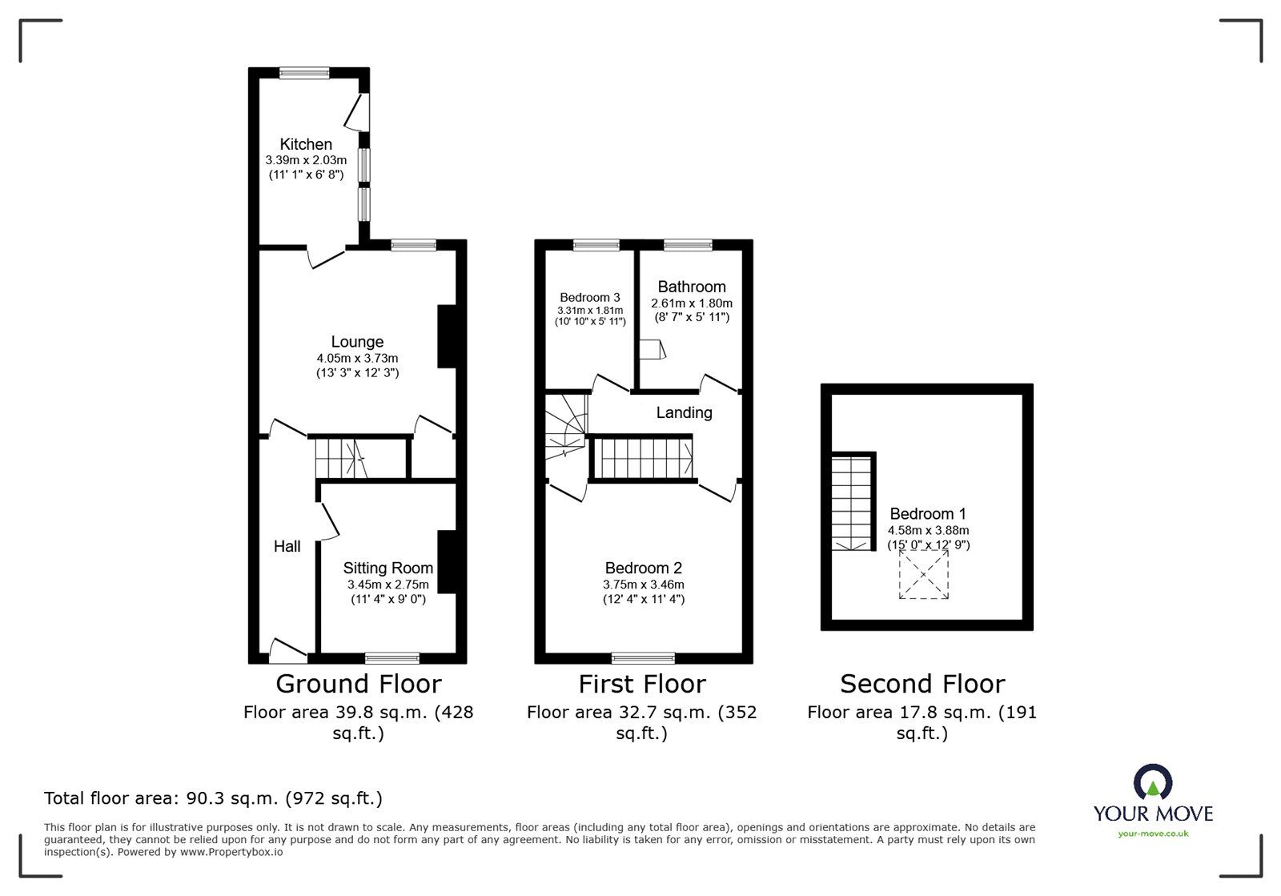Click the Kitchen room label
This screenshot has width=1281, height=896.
306,144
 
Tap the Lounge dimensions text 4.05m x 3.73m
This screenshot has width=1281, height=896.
357,358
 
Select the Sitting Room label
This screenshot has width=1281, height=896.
388,568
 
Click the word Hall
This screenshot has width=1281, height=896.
287,546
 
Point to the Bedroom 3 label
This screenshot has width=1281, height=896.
589,297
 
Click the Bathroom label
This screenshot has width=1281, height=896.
692,287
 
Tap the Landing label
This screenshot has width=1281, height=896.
684,412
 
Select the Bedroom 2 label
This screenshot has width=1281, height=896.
643,568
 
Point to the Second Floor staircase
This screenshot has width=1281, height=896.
851,503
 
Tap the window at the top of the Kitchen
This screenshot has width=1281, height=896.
305,73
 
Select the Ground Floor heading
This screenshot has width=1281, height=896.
358,684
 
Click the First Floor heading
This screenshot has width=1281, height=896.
642,684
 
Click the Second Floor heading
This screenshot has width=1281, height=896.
922,684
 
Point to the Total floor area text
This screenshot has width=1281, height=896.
213,798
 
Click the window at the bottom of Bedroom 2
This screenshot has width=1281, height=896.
643,658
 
